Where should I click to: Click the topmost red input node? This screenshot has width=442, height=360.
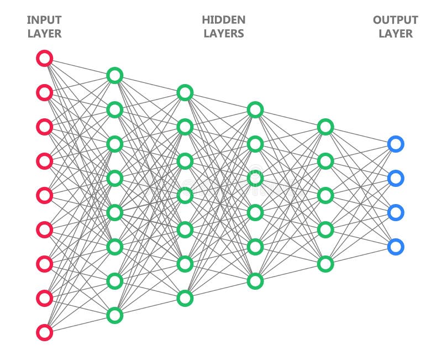(x=44, y=58)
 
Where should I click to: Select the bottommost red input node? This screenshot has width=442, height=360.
(x=44, y=332)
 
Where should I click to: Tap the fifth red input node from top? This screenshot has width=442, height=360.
(x=44, y=195)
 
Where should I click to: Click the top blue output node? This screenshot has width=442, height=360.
(x=396, y=144)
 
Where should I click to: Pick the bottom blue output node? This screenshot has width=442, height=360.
(x=396, y=247)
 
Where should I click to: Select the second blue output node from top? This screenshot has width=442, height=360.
(x=396, y=178)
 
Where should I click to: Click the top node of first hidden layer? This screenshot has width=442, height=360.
(x=114, y=75)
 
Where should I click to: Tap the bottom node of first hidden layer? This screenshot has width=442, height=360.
(x=114, y=315)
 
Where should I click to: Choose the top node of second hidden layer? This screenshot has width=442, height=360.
(x=185, y=92)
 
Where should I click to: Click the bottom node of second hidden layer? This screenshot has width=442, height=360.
(x=185, y=298)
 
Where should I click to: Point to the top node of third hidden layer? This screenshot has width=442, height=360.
(x=255, y=109)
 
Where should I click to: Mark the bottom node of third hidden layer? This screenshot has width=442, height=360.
(x=255, y=281)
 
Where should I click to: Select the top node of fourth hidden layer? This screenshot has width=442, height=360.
(x=325, y=127)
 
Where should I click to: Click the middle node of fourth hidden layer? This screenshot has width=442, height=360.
(x=325, y=195)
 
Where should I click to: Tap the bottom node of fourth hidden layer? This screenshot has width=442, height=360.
(x=325, y=264)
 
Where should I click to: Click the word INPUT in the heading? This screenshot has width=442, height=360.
(x=44, y=20)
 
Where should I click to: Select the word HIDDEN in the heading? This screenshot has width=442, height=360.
(x=223, y=20)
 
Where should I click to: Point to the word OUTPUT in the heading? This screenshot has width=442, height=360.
(x=395, y=20)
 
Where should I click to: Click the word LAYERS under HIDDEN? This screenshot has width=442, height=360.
(x=223, y=34)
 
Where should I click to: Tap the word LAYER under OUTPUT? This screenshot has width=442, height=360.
(x=395, y=34)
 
